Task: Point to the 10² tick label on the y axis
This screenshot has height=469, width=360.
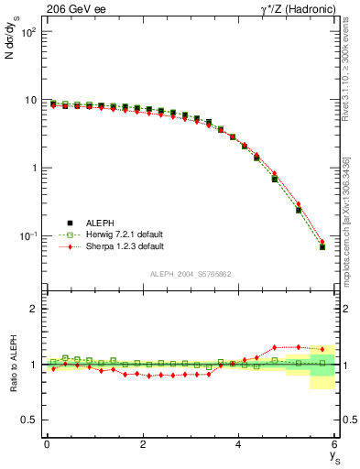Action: [x=27, y=33]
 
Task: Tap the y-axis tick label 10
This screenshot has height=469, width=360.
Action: [x=29, y=101]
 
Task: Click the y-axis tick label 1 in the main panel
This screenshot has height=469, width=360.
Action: [x=34, y=169]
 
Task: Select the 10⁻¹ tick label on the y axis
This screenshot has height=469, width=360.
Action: [x=27, y=236]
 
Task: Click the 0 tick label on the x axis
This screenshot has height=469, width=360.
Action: [x=47, y=444]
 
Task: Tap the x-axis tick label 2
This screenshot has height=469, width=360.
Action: [x=143, y=444]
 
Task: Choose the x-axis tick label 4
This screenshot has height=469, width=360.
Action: [x=239, y=444]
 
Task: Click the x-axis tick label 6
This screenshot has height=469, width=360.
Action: [x=335, y=444]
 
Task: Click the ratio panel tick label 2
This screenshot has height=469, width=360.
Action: [x=34, y=309]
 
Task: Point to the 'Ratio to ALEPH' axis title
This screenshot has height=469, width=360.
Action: [x=12, y=364]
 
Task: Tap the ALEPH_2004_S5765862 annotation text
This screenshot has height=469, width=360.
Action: [x=191, y=274]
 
